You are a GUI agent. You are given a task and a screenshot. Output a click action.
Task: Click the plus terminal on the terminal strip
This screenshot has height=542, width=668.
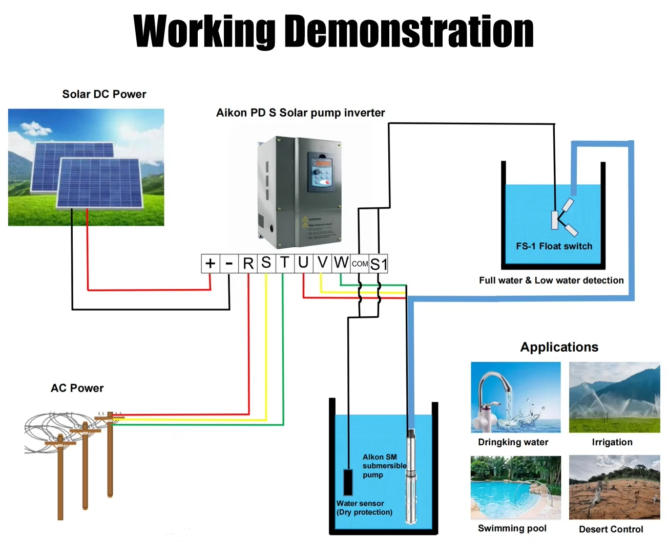tap(210, 264)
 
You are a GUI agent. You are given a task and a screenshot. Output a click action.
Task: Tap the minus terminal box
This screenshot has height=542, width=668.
tap(229, 264)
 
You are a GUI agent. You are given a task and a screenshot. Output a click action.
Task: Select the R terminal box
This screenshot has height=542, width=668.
tap(248, 264)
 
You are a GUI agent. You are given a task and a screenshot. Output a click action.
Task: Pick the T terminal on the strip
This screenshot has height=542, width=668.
tap(284, 263)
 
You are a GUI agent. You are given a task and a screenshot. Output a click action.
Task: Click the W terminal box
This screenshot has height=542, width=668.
tap(341, 263)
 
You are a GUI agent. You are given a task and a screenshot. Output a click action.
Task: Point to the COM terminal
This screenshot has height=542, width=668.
tap(360, 264)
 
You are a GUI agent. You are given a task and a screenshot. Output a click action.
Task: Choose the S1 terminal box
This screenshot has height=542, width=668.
tap(379, 264)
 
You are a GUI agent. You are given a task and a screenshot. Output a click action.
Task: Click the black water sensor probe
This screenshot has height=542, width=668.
tap(348, 482)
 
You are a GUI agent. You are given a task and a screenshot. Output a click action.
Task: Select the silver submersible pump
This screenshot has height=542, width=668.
tap(411, 476)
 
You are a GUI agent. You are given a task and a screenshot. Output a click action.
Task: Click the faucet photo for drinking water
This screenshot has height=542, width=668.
tap(515, 397)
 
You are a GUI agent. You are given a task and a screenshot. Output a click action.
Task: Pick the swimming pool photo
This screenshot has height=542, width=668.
tap(515, 487)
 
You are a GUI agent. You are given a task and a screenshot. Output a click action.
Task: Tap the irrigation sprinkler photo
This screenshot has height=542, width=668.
tap(614, 397)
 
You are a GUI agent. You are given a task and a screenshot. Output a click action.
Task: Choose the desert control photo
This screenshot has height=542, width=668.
tap(614, 487)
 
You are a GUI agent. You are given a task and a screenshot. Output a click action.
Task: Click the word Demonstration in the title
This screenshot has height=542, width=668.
tap(409, 31)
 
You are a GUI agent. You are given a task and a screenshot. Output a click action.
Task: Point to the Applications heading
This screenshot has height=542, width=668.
tap(559, 347)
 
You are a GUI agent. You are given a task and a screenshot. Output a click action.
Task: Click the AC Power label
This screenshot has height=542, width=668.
tap(77, 388)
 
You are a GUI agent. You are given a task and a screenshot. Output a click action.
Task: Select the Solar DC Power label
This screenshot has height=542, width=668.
tap(104, 94)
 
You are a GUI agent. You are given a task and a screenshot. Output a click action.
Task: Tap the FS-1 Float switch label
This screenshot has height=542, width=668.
tap(554, 246)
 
